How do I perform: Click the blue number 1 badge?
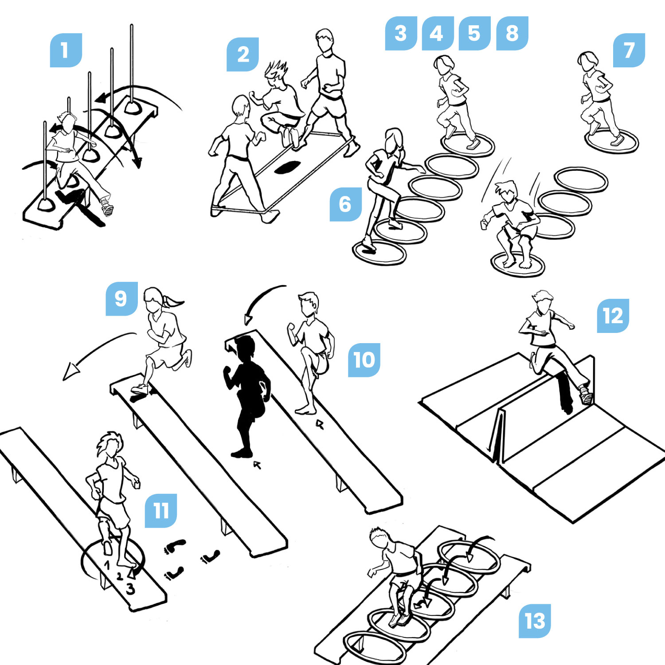(x=66, y=50)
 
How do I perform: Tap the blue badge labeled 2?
(x=243, y=55)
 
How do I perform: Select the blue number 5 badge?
(x=474, y=33)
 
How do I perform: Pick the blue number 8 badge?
(x=512, y=33)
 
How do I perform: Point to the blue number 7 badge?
(x=629, y=50)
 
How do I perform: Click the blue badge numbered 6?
(x=346, y=204)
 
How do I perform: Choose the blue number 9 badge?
(x=121, y=299)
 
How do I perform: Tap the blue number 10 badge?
(x=364, y=360)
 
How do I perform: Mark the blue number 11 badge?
(x=161, y=511)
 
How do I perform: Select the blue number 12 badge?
(x=613, y=316)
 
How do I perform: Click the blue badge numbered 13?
(x=535, y=621)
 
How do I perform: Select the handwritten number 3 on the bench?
(x=130, y=589)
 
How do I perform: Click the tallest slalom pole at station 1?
(x=132, y=66)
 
